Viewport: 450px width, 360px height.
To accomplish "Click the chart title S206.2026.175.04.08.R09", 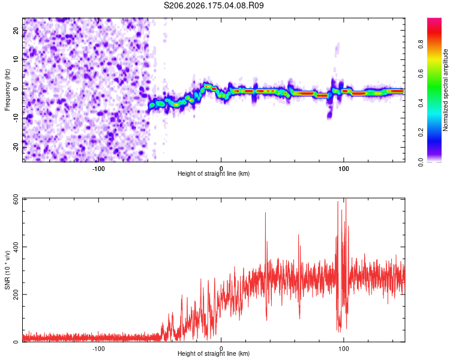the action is (x=214, y=5).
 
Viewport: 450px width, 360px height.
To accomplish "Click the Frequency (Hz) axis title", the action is (x=7, y=90).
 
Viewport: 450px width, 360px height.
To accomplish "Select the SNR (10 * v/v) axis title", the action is (x=7, y=270).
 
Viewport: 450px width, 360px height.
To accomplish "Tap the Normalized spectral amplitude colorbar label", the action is (x=445, y=90).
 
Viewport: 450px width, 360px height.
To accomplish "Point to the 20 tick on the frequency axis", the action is (x=16, y=30).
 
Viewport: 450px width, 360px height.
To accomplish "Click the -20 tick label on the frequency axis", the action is (x=16, y=147).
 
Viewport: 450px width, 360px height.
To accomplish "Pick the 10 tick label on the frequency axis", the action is (x=16, y=59).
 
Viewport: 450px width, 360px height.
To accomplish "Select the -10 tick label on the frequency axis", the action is (x=16, y=118).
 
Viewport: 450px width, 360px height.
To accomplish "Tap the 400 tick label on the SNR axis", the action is (x=16, y=247).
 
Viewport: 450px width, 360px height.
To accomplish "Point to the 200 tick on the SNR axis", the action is (x=16, y=294).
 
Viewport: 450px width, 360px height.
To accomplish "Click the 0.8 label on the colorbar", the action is (x=421, y=44).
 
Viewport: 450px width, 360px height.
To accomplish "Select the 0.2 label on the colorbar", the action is (x=421, y=133).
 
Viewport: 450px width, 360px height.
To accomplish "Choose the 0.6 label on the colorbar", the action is (x=421, y=73).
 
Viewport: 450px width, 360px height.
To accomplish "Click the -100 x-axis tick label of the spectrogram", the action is (x=98, y=169).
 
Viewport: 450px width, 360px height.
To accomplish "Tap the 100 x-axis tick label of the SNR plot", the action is (x=344, y=349).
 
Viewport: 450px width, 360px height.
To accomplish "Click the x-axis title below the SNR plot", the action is (x=214, y=353).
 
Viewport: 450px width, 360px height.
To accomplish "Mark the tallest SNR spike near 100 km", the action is (x=346, y=199).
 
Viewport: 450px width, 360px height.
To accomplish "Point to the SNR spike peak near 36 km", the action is (x=265, y=213).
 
